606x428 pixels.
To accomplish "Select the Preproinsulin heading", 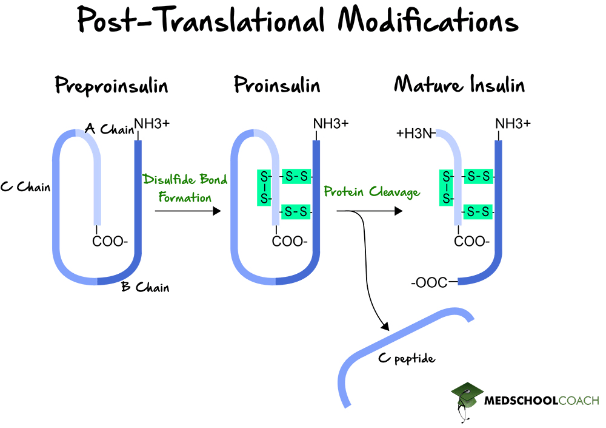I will coord(112,86).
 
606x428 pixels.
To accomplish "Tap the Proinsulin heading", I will coord(277,86).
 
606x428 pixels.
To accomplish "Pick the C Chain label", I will coord(25,187).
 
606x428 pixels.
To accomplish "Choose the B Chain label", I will coord(145,287).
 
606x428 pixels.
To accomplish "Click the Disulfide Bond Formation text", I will coord(185,188).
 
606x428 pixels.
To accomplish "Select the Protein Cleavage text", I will coord(371,192).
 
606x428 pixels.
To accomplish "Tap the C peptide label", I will coord(407,358).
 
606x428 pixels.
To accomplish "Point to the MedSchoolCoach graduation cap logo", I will coord(467,398).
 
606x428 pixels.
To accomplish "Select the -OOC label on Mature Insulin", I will coord(429,282).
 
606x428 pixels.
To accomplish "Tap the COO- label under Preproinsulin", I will coord(110,242).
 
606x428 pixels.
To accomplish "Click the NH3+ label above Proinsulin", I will coord(331,123).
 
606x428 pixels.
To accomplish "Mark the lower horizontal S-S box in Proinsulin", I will coord(296,212).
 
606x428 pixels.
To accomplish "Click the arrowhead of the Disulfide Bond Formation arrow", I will coord(215,211).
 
